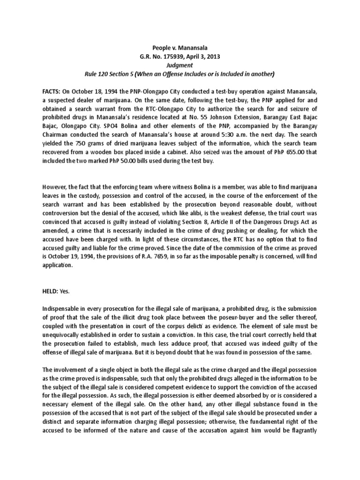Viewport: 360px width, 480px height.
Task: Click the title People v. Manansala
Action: [180, 47]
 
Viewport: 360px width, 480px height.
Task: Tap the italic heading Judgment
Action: [180, 65]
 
